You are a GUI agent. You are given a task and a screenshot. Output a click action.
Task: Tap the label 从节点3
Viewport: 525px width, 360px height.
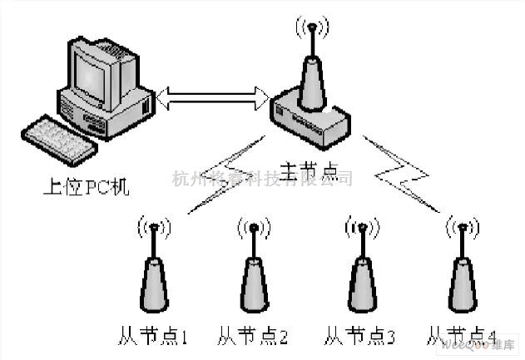pyautogui.click(x=359, y=337)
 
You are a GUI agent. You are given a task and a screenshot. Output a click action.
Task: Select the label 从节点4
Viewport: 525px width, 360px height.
pyautogui.click(x=460, y=337)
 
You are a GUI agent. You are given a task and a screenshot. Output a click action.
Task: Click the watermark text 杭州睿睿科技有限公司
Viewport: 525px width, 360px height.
pyautogui.click(x=261, y=178)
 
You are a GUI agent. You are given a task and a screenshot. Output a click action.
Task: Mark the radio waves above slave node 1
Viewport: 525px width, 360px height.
pyautogui.click(x=155, y=226)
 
